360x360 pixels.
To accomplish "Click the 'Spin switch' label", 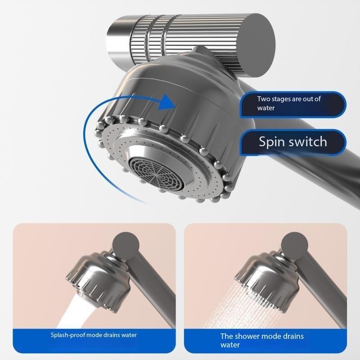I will click(x=292, y=142).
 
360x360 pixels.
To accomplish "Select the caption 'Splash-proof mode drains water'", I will click(x=94, y=335).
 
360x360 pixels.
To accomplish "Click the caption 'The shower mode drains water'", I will click(x=262, y=340).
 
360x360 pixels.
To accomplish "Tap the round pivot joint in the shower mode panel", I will click(x=294, y=245).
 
